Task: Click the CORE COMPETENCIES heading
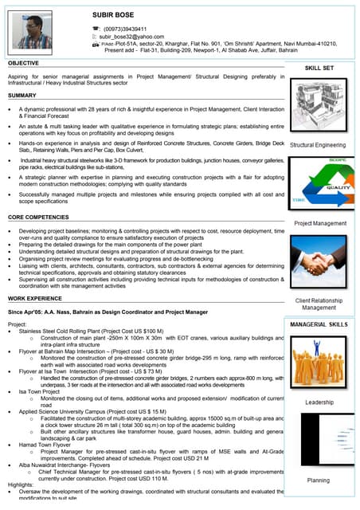(x=43, y=217)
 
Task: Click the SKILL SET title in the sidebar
(x=319, y=69)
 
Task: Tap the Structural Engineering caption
(x=318, y=146)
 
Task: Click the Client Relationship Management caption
(x=318, y=304)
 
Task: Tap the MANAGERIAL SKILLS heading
(x=318, y=325)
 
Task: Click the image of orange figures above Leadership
(x=318, y=363)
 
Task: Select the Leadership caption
(x=318, y=402)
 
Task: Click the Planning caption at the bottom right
(x=318, y=481)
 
